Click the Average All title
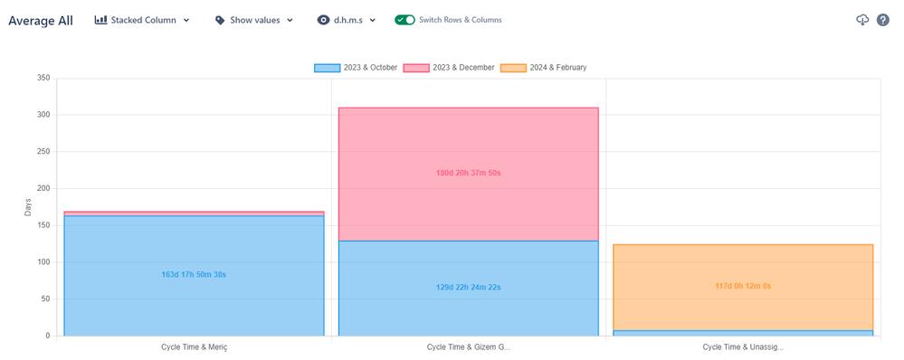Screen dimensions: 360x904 click(41, 20)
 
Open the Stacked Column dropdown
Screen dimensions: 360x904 click(142, 20)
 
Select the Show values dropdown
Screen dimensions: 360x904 click(254, 20)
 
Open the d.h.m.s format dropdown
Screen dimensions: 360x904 click(347, 20)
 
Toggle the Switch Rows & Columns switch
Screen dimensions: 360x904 click(404, 20)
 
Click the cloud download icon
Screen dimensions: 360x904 click(862, 20)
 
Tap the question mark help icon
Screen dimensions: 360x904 click(883, 20)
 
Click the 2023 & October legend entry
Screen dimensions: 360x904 click(356, 68)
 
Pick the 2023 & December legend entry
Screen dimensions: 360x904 click(449, 68)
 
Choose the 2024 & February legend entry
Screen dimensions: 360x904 click(543, 68)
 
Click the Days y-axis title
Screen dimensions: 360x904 click(28, 207)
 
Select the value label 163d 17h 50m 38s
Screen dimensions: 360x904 click(194, 274)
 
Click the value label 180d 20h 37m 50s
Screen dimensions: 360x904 click(468, 172)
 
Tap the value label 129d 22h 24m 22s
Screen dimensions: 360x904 click(468, 287)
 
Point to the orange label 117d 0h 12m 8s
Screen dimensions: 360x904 click(742, 286)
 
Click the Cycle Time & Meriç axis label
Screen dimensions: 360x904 click(194, 346)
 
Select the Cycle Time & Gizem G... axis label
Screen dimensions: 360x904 click(468, 346)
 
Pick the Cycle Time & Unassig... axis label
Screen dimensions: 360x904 click(742, 346)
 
